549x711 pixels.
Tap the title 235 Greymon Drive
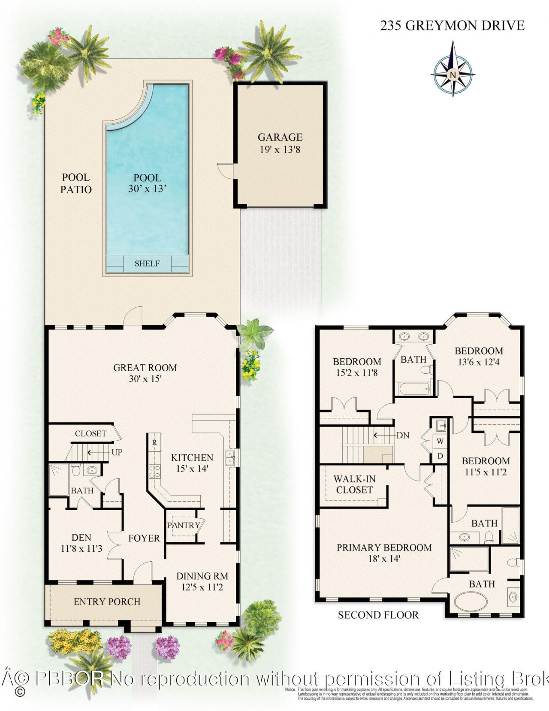click(x=452, y=26)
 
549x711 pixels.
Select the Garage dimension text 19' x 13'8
click(x=280, y=150)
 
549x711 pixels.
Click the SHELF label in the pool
click(x=147, y=263)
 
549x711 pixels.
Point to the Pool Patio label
click(x=76, y=183)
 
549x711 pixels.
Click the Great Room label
click(x=145, y=367)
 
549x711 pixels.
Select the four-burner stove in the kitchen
click(x=154, y=472)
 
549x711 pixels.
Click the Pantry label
click(x=184, y=525)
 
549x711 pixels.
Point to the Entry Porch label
click(x=107, y=602)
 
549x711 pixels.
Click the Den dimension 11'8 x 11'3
click(x=81, y=548)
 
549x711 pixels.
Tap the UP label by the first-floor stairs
click(x=117, y=452)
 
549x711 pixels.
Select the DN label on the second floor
click(x=402, y=435)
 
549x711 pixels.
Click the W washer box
click(x=440, y=441)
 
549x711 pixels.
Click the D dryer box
click(x=440, y=456)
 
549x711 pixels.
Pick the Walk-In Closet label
click(x=354, y=484)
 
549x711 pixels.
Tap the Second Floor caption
click(x=378, y=615)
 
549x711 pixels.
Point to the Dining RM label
click(x=202, y=576)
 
